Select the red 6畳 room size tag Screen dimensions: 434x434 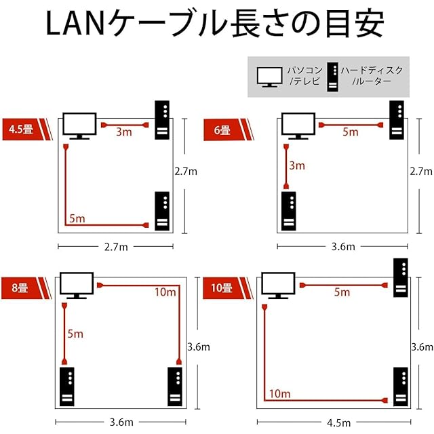pyautogui.click(x=222, y=129)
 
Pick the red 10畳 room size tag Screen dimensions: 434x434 pyautogui.click(x=222, y=288)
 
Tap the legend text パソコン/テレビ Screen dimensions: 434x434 pyautogui.click(x=304, y=75)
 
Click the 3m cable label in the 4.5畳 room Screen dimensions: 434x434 pyautogui.click(x=123, y=132)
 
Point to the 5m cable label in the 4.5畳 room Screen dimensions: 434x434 pyautogui.click(x=77, y=218)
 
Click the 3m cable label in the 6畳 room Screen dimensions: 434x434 pyautogui.click(x=297, y=165)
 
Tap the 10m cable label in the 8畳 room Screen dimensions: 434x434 pyautogui.click(x=165, y=292)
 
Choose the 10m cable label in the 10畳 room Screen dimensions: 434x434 pyautogui.click(x=280, y=393)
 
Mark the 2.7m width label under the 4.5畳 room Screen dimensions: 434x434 pyautogui.click(x=115, y=247)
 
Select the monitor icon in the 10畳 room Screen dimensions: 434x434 pyautogui.click(x=277, y=285)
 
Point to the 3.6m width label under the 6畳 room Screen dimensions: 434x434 pyautogui.click(x=342, y=247)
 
